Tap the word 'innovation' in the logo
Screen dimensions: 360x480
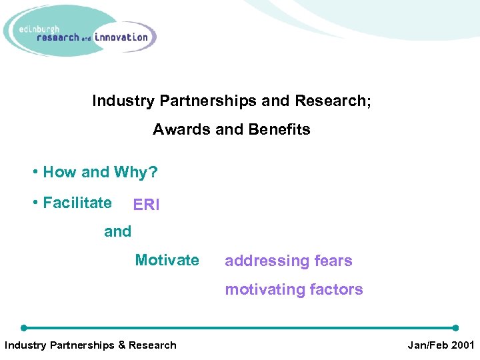(121, 37)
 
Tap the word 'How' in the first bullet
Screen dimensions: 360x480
(59, 172)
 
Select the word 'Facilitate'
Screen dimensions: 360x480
(77, 203)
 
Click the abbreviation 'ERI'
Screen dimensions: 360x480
(147, 205)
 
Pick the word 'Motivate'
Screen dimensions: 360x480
(167, 260)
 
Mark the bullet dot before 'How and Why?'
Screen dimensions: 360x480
(35, 172)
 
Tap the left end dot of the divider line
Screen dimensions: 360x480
(24, 328)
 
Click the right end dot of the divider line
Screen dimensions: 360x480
(456, 328)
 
